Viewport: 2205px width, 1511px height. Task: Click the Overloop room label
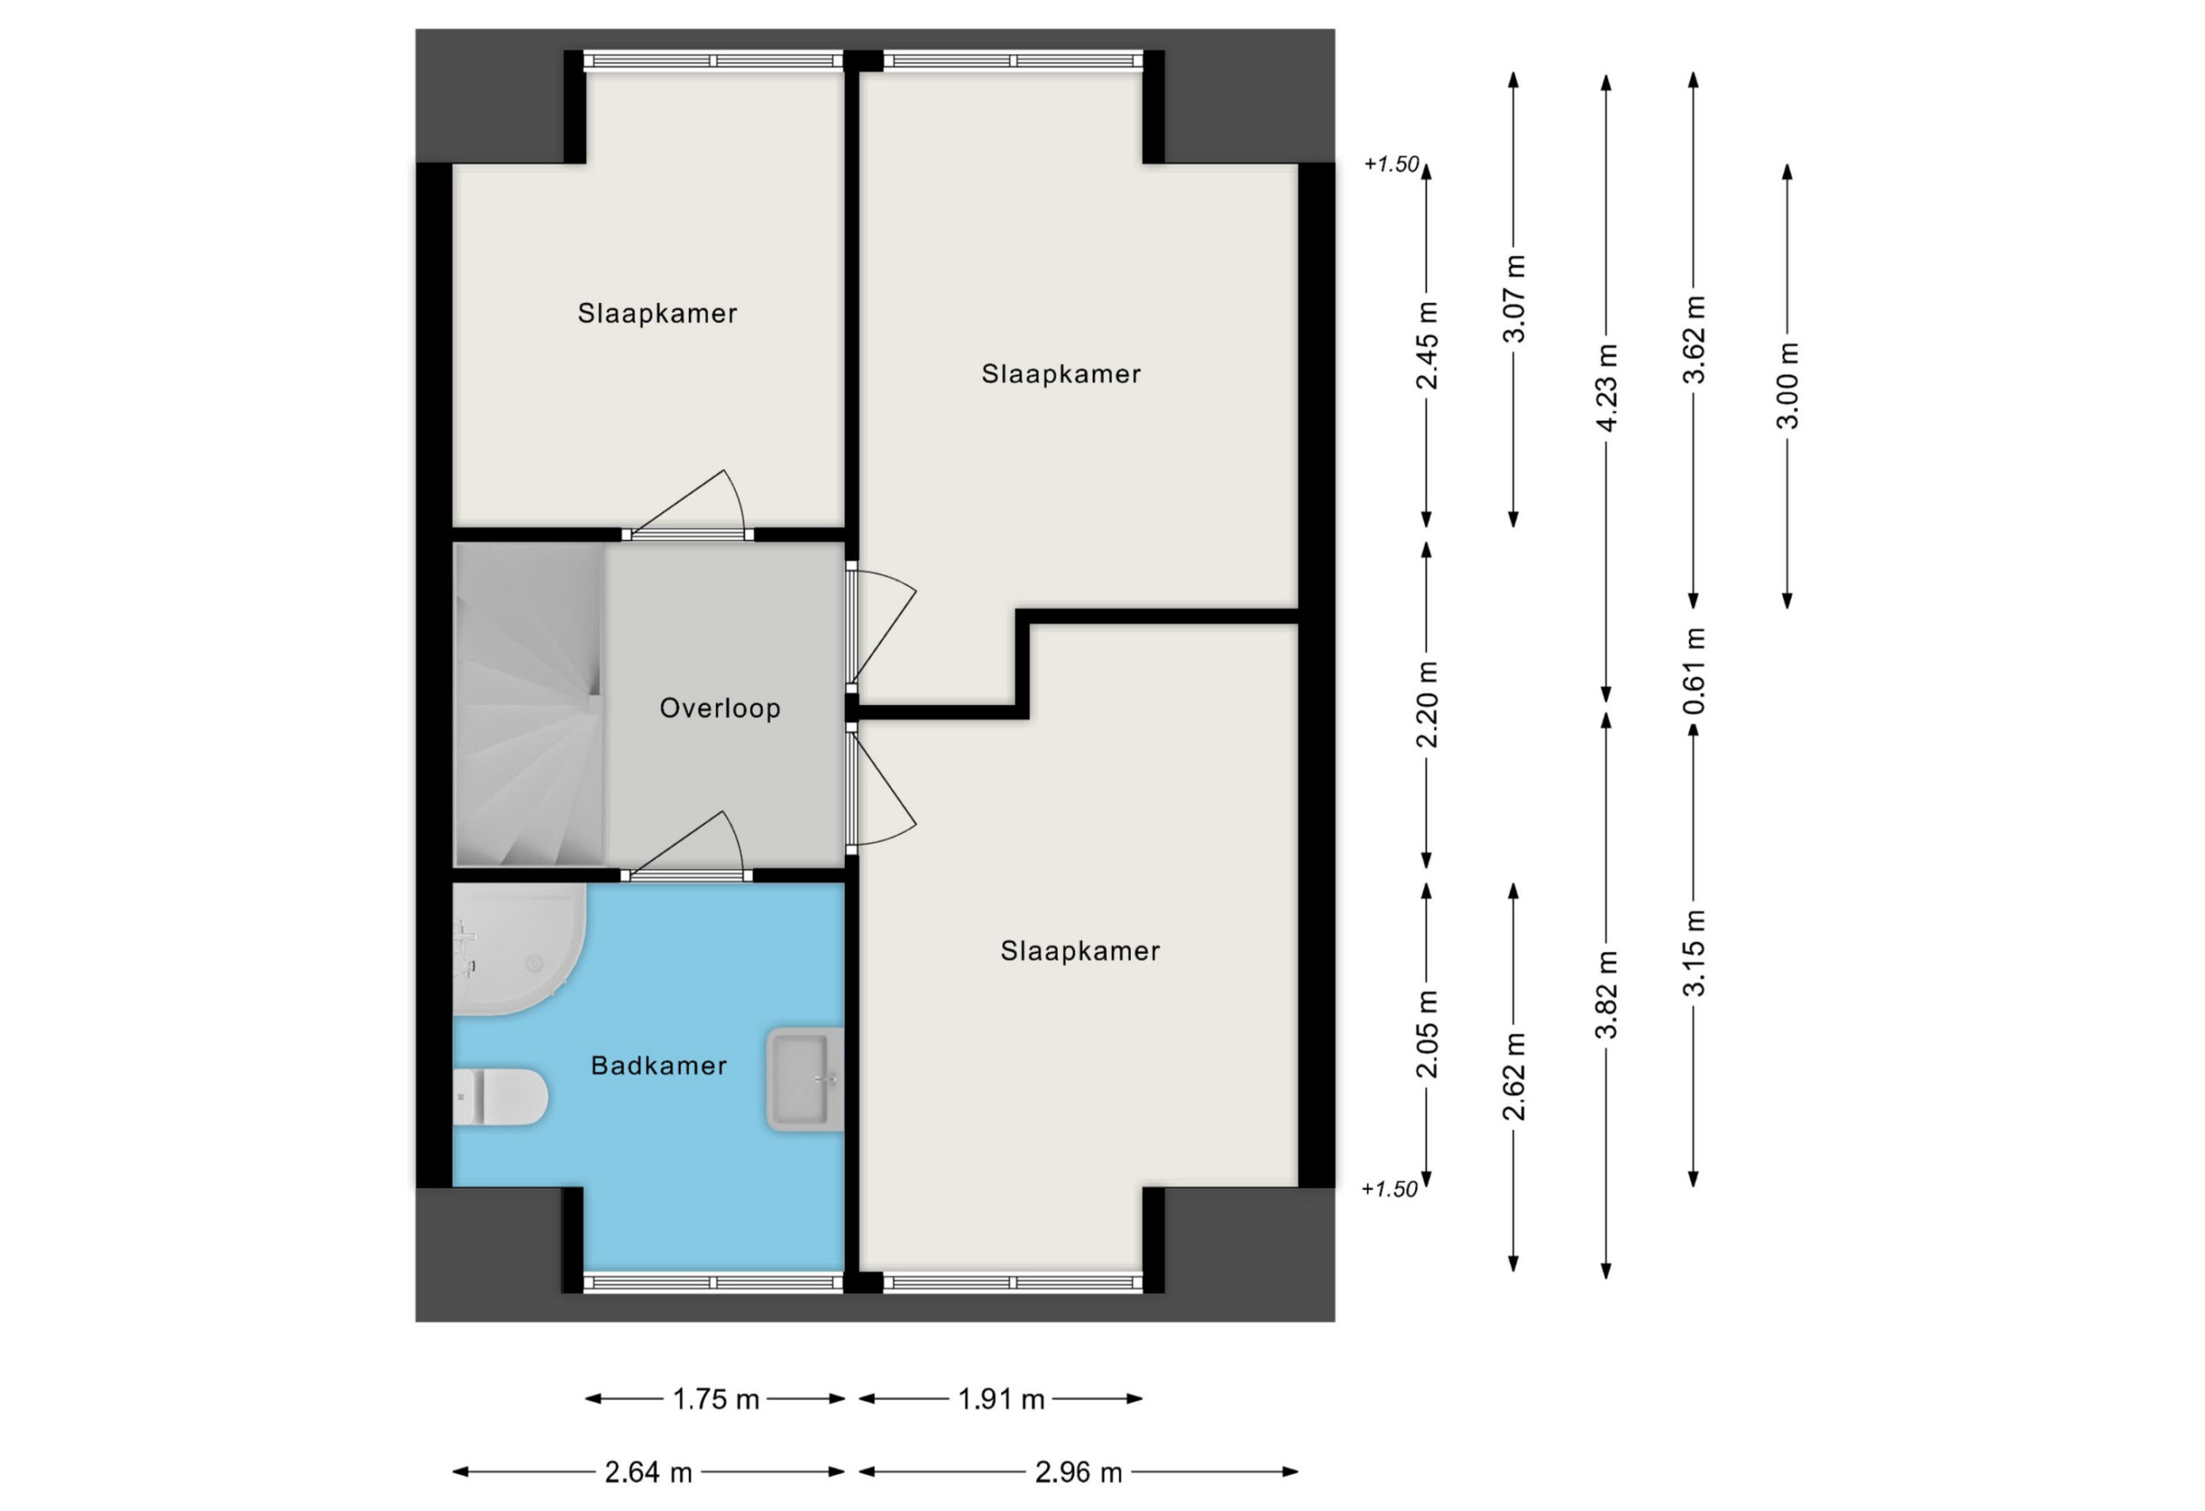(x=719, y=708)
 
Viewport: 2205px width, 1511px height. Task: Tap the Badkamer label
(x=658, y=1065)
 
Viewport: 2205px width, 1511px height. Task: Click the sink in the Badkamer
(x=804, y=1080)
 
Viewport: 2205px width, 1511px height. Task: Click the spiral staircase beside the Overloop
(x=529, y=705)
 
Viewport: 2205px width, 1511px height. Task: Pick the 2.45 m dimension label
(x=1426, y=345)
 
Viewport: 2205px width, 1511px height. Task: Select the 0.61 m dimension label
(x=1693, y=672)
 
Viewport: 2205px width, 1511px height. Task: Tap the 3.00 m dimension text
(x=1786, y=385)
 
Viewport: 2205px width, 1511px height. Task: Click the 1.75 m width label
(x=717, y=1399)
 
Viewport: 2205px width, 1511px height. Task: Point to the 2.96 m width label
(x=1078, y=1472)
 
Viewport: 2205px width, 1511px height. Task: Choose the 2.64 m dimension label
(x=649, y=1472)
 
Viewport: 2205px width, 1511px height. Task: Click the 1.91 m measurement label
(x=1001, y=1399)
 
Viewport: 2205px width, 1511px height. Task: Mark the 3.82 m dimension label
(x=1606, y=995)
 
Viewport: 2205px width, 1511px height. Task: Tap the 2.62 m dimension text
(x=1513, y=1076)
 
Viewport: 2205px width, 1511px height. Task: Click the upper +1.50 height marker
(x=1391, y=164)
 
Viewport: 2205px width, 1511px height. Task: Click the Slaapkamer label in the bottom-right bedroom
(x=1080, y=951)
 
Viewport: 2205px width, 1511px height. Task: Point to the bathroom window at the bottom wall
(x=712, y=1282)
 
